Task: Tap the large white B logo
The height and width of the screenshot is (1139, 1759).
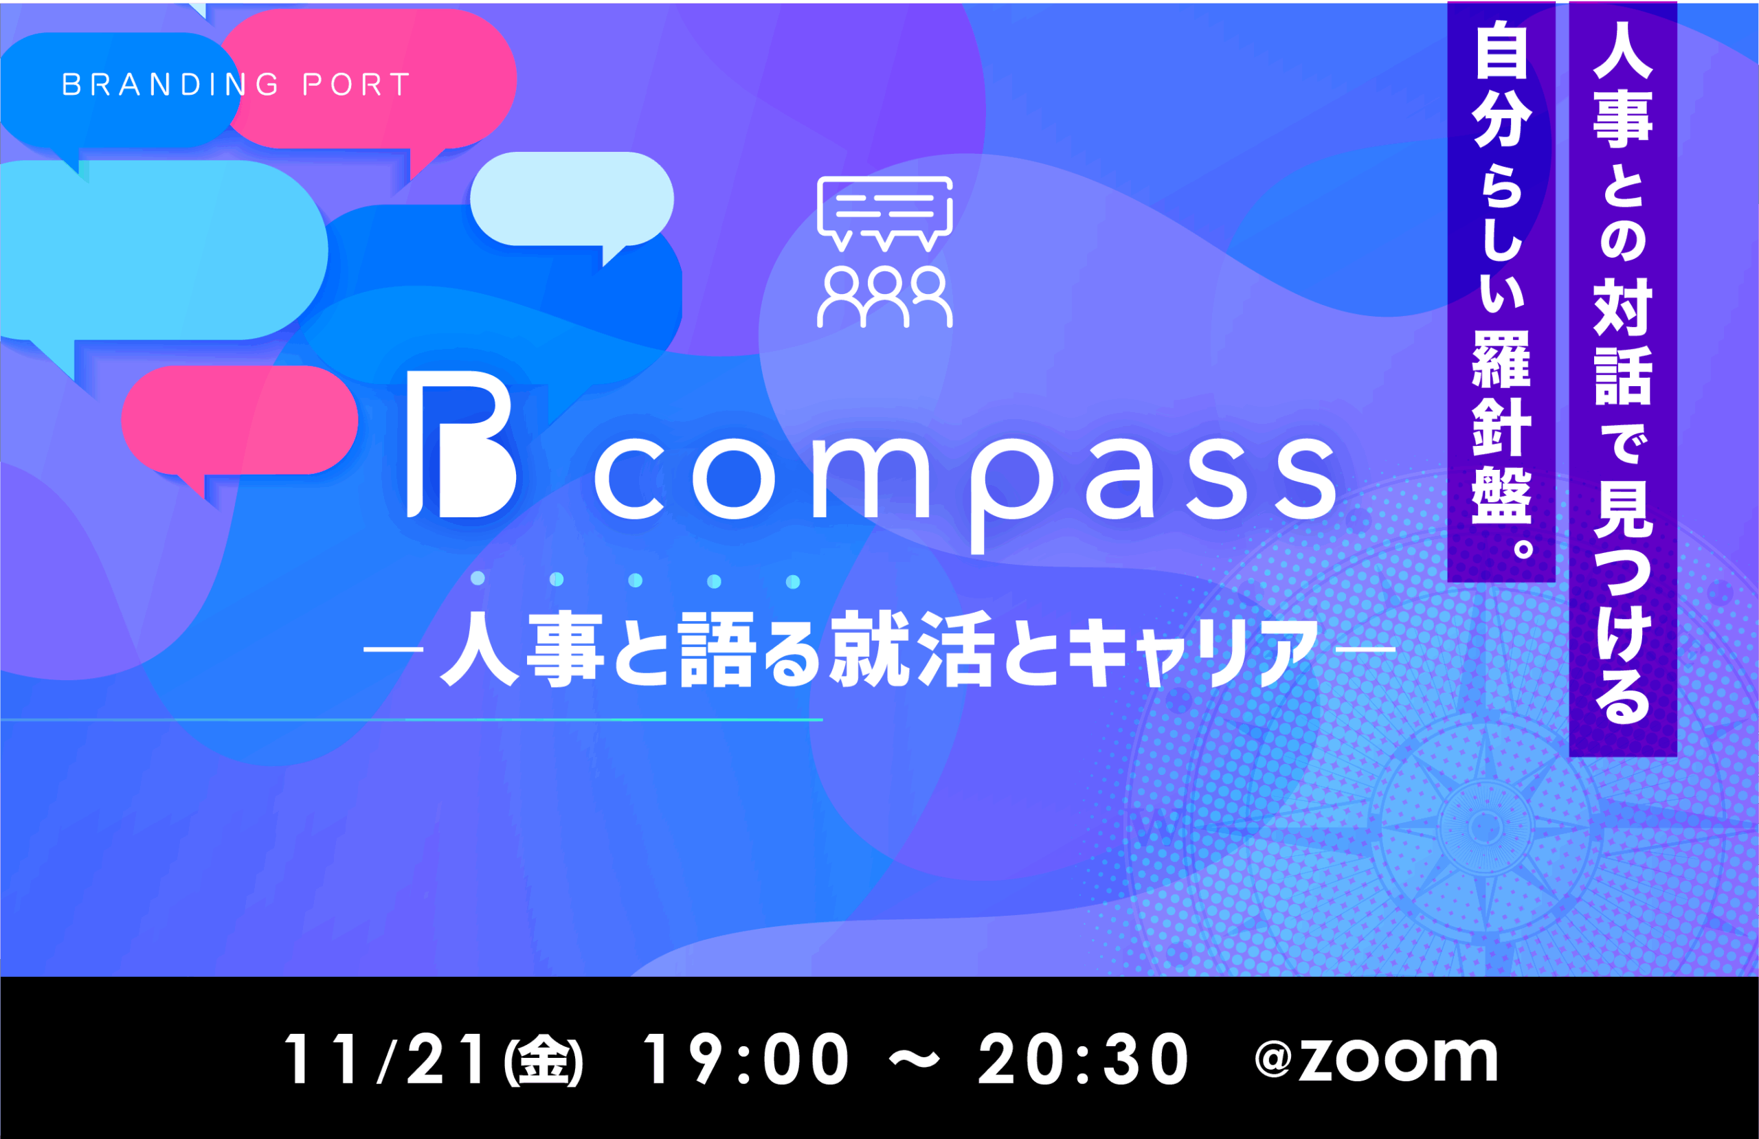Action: [x=461, y=444]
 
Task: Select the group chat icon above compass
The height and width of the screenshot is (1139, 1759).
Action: [x=885, y=252]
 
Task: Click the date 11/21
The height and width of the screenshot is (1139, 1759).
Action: [x=385, y=1059]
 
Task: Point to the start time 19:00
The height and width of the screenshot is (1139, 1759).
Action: [x=746, y=1059]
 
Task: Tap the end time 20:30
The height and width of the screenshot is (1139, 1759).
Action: [x=1084, y=1059]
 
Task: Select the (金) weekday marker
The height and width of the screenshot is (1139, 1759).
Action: [x=544, y=1061]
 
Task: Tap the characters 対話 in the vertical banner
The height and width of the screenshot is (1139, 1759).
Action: [x=1623, y=343]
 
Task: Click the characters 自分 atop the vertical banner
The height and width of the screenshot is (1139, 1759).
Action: [x=1501, y=89]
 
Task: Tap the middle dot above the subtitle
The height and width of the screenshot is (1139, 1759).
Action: [x=635, y=580]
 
